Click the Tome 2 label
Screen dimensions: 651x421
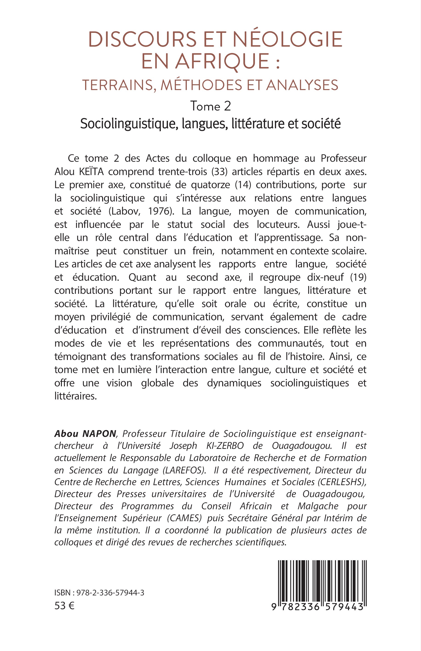click(210, 106)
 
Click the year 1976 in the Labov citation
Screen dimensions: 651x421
click(158, 211)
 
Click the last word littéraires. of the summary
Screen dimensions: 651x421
click(76, 396)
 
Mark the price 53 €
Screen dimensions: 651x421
click(64, 606)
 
